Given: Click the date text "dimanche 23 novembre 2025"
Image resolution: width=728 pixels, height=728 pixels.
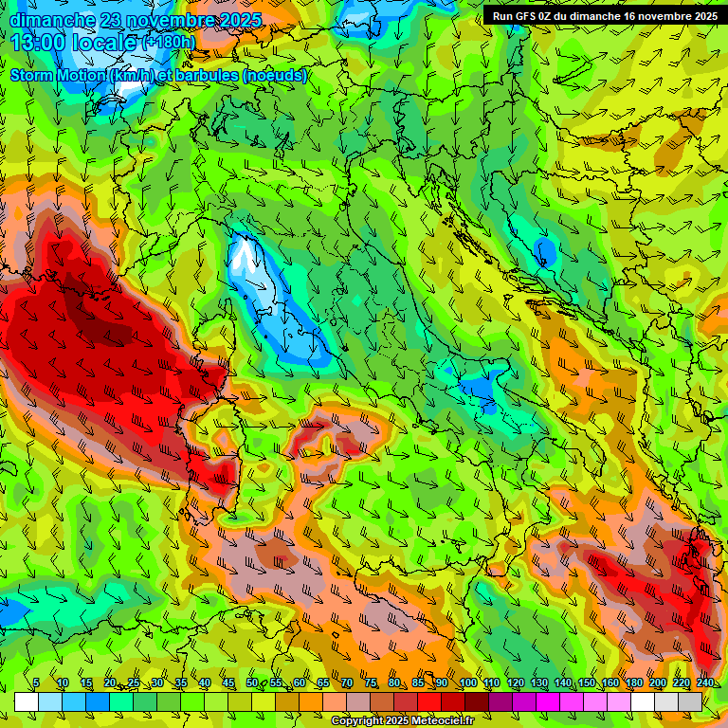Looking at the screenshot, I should (x=136, y=20).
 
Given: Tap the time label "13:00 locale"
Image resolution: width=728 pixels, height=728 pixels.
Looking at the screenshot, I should (x=75, y=43).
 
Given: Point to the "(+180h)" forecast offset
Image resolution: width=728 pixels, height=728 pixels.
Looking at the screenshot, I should (x=169, y=42).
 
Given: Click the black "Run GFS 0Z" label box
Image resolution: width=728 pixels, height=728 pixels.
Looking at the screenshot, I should (x=604, y=16).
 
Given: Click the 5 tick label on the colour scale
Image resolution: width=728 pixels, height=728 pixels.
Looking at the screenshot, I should (x=36, y=682).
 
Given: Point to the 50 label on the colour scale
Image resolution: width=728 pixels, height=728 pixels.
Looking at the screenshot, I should (x=251, y=682).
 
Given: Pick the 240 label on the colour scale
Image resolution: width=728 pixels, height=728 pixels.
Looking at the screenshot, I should (x=704, y=682).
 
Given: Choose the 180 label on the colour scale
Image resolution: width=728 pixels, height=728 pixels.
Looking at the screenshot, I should (x=633, y=682).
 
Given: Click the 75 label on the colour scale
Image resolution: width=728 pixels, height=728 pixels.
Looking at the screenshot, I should (x=371, y=682).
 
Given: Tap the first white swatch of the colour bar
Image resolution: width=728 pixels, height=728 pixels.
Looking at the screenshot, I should (x=27, y=701).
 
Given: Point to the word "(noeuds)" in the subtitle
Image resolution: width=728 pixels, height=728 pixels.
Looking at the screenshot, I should (x=275, y=75).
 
